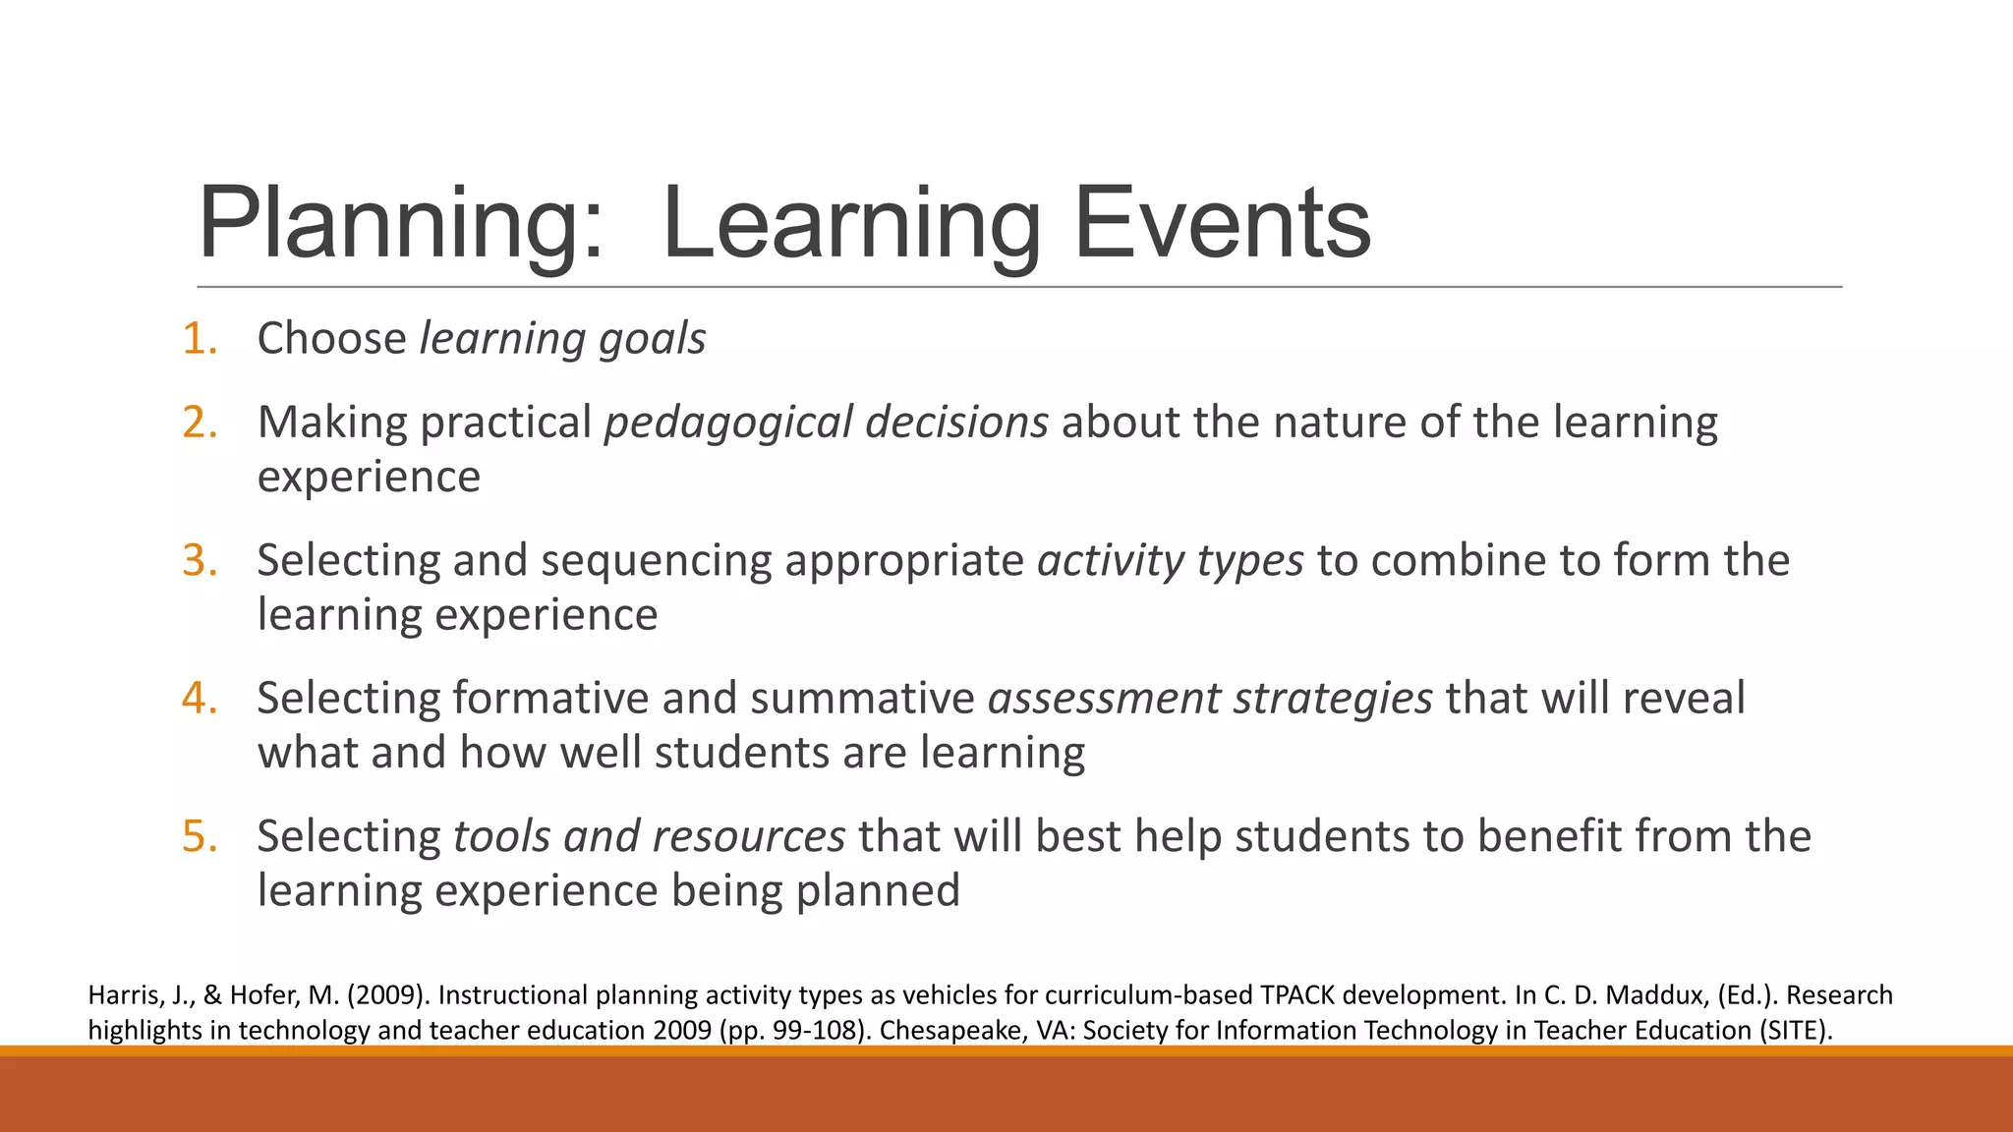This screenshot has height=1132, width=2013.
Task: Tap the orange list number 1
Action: pos(199,339)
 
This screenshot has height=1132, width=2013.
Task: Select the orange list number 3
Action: pos(199,561)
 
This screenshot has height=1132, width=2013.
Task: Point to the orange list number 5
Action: pos(199,837)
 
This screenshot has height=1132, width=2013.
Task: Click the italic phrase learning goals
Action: pos(562,340)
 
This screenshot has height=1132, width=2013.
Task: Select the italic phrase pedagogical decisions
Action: pos(826,423)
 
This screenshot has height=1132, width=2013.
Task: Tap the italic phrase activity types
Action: pos(1170,561)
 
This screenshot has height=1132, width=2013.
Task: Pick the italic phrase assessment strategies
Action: pos(1210,699)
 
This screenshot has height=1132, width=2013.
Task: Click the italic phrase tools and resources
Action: pos(649,837)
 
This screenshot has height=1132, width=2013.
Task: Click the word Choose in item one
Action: pos(331,339)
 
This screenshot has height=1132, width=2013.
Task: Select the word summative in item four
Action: pos(862,699)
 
